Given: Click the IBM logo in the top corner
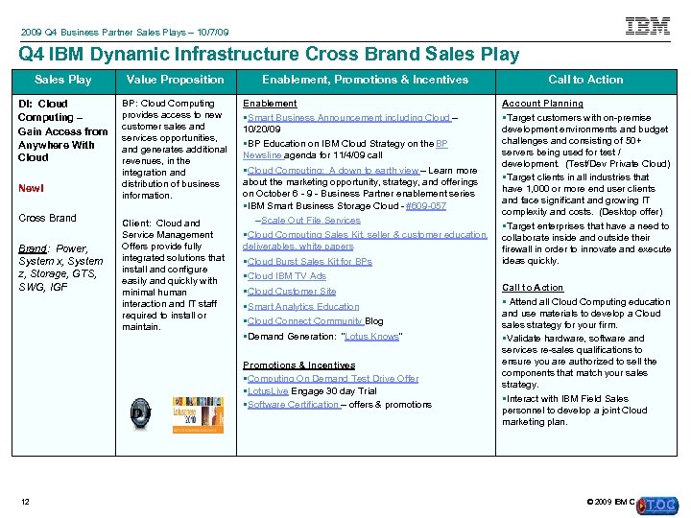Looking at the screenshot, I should pyautogui.click(x=648, y=26).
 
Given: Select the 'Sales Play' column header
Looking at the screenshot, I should pyautogui.click(x=62, y=80).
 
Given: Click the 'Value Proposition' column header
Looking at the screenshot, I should pyautogui.click(x=175, y=80).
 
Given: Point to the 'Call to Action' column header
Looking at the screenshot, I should pyautogui.click(x=584, y=80).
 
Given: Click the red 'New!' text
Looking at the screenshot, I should pyautogui.click(x=31, y=188).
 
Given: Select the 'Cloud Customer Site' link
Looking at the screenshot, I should pyautogui.click(x=292, y=292).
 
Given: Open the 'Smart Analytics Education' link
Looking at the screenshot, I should pyautogui.click(x=303, y=307).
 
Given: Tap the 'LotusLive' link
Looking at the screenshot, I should pyautogui.click(x=268, y=391).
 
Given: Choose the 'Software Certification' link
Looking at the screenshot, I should pyautogui.click(x=293, y=405).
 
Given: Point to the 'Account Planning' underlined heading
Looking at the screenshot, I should pyautogui.click(x=542, y=104).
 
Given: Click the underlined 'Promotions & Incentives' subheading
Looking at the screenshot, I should pyautogui.click(x=298, y=365).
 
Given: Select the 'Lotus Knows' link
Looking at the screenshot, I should pyautogui.click(x=371, y=336).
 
